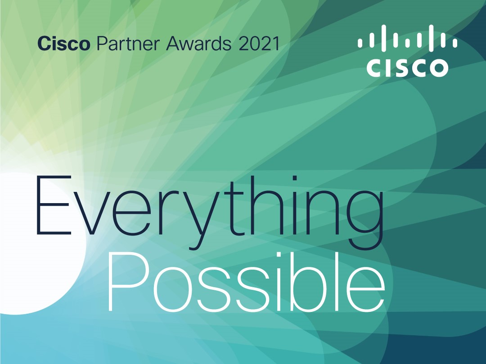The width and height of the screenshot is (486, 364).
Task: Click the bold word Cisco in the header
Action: [63, 44]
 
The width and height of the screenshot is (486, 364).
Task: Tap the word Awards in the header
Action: [199, 44]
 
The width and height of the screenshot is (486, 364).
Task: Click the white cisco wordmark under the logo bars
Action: [407, 67]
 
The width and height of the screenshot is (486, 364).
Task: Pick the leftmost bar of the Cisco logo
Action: [360, 43]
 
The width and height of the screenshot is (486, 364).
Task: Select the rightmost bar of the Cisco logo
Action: [455, 43]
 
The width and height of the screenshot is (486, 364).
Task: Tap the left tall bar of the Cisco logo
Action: [384, 36]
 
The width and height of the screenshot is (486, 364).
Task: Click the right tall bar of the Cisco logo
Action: [431, 36]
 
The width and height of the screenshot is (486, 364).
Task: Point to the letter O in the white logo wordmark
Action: [438, 67]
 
